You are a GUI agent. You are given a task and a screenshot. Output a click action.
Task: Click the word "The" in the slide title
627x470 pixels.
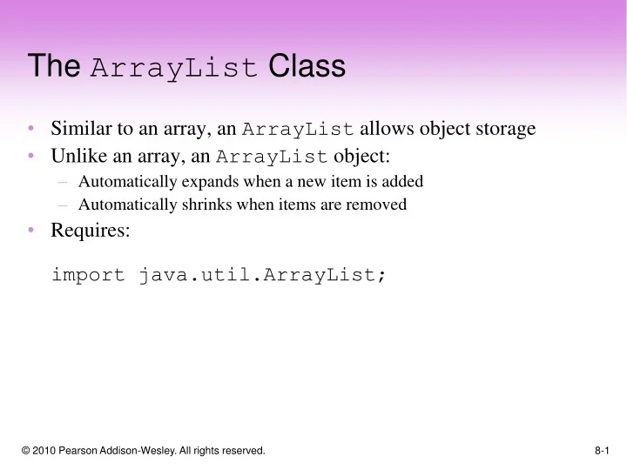[x=54, y=67]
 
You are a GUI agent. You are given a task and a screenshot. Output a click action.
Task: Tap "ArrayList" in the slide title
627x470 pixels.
[x=174, y=68]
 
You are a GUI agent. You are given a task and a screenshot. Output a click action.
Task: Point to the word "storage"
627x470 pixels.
[x=504, y=130]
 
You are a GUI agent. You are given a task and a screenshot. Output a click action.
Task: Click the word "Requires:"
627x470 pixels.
[x=91, y=231]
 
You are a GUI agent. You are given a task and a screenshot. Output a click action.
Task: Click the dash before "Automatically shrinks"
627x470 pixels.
[x=64, y=205]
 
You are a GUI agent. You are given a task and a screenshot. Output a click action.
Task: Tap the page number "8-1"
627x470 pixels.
[x=602, y=451]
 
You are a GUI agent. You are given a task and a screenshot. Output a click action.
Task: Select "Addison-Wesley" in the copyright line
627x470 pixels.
[x=140, y=451]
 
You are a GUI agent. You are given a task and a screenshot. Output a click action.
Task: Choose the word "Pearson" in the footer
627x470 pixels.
[x=86, y=451]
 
